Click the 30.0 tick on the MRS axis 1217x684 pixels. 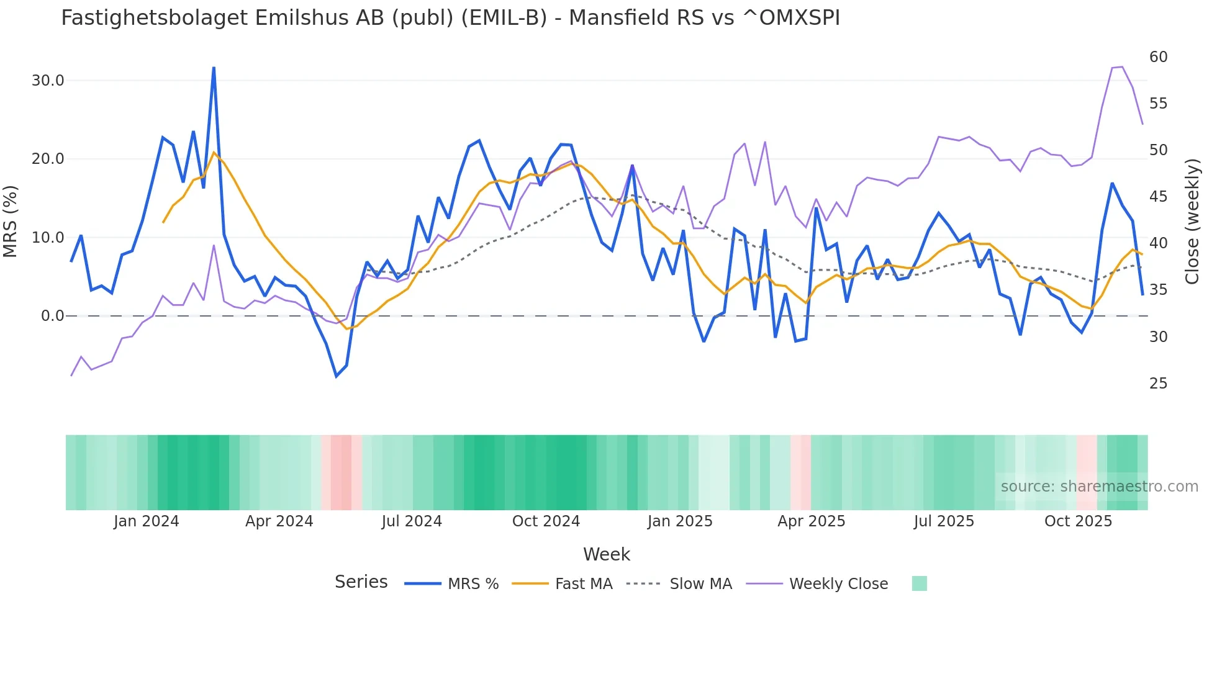coord(48,81)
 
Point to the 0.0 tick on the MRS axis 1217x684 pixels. coord(52,316)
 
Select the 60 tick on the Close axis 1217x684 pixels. coord(1158,57)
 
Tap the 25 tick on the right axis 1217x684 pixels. coord(1158,384)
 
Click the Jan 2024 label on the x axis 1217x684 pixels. coord(146,521)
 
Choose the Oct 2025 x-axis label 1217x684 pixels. coord(1078,521)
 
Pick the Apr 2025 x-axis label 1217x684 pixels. coord(811,521)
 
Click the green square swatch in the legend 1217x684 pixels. coord(919,583)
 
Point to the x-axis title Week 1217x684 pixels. coord(606,554)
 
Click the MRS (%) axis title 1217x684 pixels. coord(11,222)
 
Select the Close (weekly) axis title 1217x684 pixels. coord(1192,222)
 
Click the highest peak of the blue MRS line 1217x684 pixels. coord(214,68)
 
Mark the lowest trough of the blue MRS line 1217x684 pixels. coord(337,376)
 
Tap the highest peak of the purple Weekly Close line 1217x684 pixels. coord(1121,67)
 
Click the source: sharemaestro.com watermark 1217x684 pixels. coord(1099,487)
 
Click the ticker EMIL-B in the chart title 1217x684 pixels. coord(504,18)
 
